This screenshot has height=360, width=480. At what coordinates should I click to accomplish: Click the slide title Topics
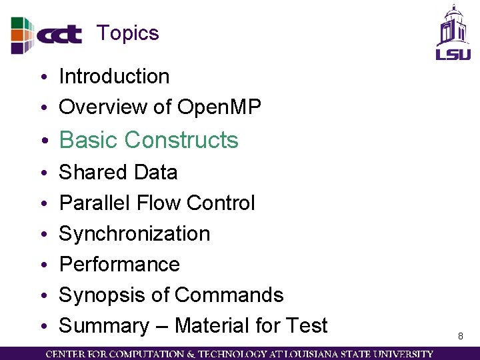[x=127, y=33]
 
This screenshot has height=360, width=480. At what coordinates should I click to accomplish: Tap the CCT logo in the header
[x=47, y=35]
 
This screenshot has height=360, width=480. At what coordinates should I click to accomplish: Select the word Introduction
[x=114, y=77]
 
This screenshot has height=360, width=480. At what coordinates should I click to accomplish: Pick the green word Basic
[x=89, y=140]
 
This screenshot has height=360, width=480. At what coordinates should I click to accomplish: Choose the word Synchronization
[x=135, y=234]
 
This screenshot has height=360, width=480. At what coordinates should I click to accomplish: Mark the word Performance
[x=119, y=265]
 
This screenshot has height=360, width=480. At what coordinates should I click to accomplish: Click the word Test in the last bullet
[x=306, y=326]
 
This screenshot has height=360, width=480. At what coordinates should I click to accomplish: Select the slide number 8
[x=460, y=337]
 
